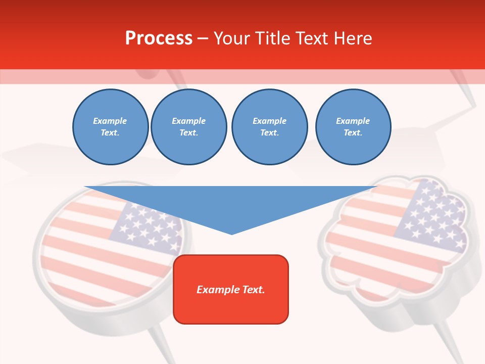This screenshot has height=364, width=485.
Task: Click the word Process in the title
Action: [159, 38]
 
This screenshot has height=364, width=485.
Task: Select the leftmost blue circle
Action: [110, 127]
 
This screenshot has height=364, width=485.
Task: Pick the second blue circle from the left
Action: [189, 127]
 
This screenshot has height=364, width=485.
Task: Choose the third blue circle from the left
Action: [269, 127]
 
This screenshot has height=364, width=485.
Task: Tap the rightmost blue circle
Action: [353, 127]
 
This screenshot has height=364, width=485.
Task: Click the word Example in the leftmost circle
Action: [110, 121]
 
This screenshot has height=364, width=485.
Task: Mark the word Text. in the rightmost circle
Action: [353, 133]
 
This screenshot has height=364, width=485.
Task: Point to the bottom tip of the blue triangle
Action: [231, 234]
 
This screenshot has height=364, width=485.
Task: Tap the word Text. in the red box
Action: [254, 290]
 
